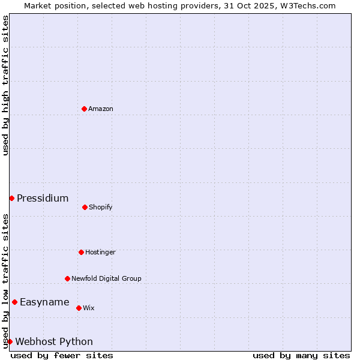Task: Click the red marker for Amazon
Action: [84, 109]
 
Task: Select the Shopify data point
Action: [85, 207]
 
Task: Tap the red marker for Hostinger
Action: [81, 252]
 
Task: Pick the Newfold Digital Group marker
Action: [67, 278]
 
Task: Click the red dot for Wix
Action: [79, 308]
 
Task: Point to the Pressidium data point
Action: [11, 198]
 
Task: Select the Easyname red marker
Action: [14, 302]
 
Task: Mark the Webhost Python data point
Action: [10, 341]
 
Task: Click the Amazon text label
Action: [101, 109]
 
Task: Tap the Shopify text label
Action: [101, 207]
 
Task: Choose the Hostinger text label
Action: [100, 252]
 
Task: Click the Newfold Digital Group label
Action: [106, 278]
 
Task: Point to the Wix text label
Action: [89, 308]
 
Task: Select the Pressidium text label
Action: [43, 198]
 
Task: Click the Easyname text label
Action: [44, 302]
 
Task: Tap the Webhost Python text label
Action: [54, 341]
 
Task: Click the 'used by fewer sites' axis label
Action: [62, 355]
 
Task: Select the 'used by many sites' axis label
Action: [301, 355]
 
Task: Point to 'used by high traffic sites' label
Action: [5, 85]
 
